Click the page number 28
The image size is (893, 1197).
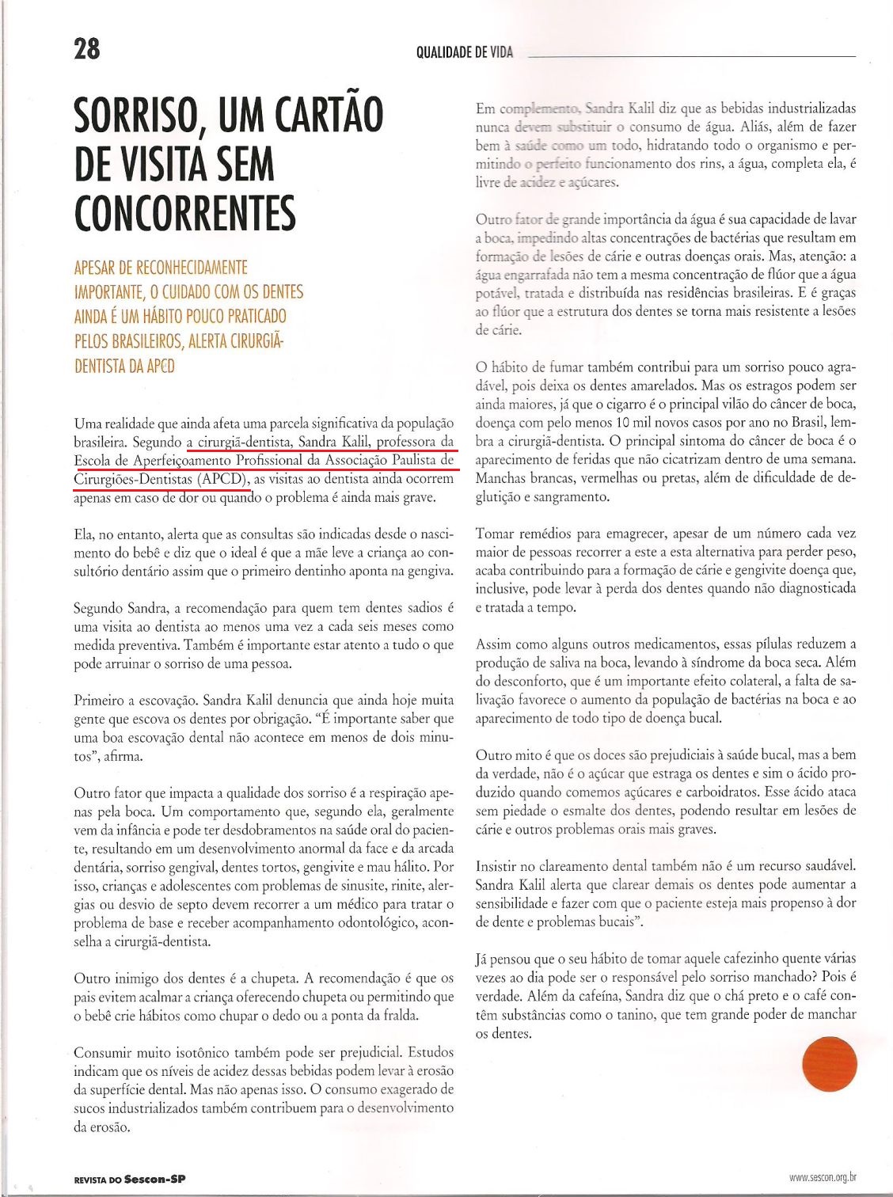pos(87,49)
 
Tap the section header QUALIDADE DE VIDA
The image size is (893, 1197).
pos(465,53)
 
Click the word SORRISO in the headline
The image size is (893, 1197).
pos(135,116)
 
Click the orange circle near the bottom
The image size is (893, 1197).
pos(830,1060)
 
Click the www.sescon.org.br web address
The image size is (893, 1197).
pos(823,1177)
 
